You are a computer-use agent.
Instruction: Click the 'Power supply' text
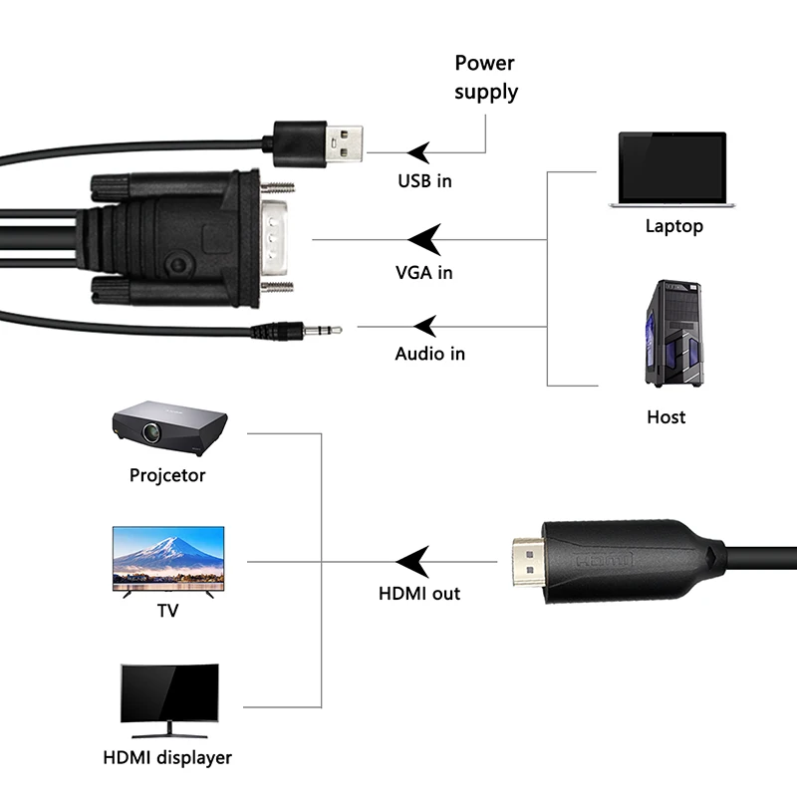click(x=486, y=78)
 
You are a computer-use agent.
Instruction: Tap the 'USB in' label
click(x=425, y=181)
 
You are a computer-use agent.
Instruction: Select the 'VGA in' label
click(x=423, y=272)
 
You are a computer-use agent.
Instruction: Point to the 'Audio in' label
click(x=429, y=354)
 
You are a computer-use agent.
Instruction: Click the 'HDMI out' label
click(x=419, y=594)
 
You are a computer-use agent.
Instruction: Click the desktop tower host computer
click(x=673, y=333)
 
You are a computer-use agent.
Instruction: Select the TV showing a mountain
click(x=168, y=560)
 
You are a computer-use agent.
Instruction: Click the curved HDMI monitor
click(x=168, y=694)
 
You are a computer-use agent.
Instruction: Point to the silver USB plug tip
click(x=345, y=145)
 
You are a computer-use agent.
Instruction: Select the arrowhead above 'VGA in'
click(x=424, y=239)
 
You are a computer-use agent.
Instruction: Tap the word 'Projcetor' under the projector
click(x=167, y=475)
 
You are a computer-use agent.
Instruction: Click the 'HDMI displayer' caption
click(x=167, y=758)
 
